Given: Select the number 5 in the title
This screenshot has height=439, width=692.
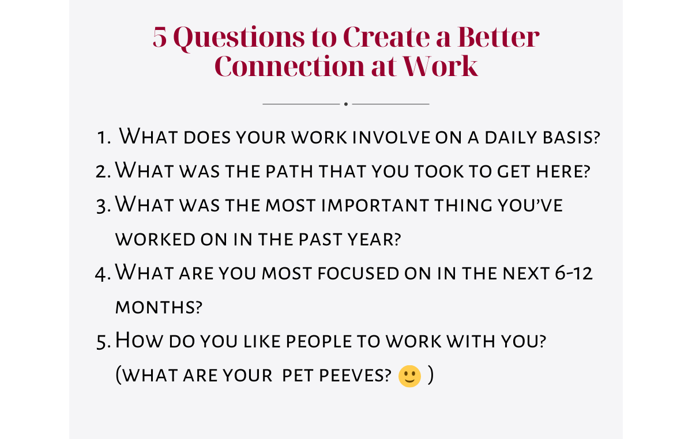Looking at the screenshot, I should (159, 38).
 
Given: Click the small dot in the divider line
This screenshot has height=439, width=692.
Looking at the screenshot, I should (346, 104).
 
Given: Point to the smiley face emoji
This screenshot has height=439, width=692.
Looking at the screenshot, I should (409, 376).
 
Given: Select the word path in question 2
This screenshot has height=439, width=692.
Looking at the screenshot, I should (296, 171).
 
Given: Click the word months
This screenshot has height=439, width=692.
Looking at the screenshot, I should (159, 307).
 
